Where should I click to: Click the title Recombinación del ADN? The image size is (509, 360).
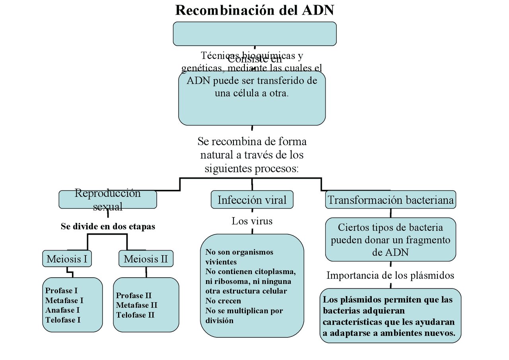pos(254,10)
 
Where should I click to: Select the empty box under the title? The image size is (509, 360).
pos(254,34)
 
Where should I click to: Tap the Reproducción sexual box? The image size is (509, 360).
pos(108,200)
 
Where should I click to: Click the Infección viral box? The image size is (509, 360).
pos(252,200)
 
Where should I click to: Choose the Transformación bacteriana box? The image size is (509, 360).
pos(390,200)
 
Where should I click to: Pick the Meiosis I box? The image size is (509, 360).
pos(67,259)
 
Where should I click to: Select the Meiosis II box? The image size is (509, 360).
pos(146,259)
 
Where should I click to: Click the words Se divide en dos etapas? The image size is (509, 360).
pos(108,226)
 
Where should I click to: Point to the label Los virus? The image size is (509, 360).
pos(252,221)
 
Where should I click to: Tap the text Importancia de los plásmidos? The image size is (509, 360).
pos(390,275)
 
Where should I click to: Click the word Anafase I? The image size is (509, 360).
pos(62,310)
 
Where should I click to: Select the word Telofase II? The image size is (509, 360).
pos(135,315)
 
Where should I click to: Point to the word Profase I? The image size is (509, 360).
pos(61,290)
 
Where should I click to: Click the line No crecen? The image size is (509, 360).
pos(223,301)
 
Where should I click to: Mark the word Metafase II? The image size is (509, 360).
pos(136,305)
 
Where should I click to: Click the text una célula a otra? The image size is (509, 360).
pos(252,93)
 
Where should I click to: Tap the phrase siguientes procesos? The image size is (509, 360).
pos(252,168)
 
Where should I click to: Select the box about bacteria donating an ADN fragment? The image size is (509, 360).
pos(390,239)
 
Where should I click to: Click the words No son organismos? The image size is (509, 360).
pos(239,252)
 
